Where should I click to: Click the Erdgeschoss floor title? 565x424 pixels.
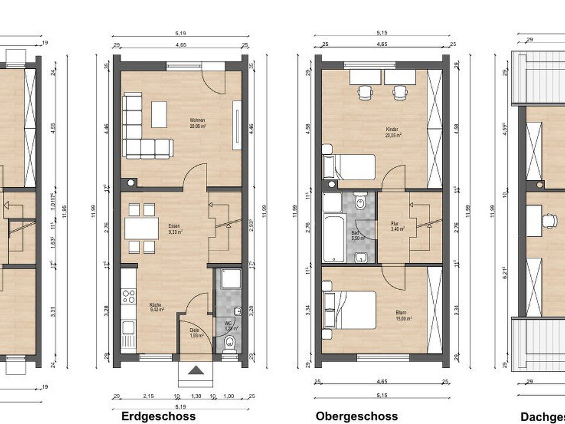tap(158, 416)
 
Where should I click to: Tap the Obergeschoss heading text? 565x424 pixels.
tap(357, 416)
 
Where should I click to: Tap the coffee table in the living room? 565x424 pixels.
tap(159, 114)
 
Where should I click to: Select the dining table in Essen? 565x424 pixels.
tap(141, 228)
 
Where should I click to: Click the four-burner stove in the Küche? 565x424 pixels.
tap(128, 296)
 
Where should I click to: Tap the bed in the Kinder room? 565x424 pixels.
tap(348, 166)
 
